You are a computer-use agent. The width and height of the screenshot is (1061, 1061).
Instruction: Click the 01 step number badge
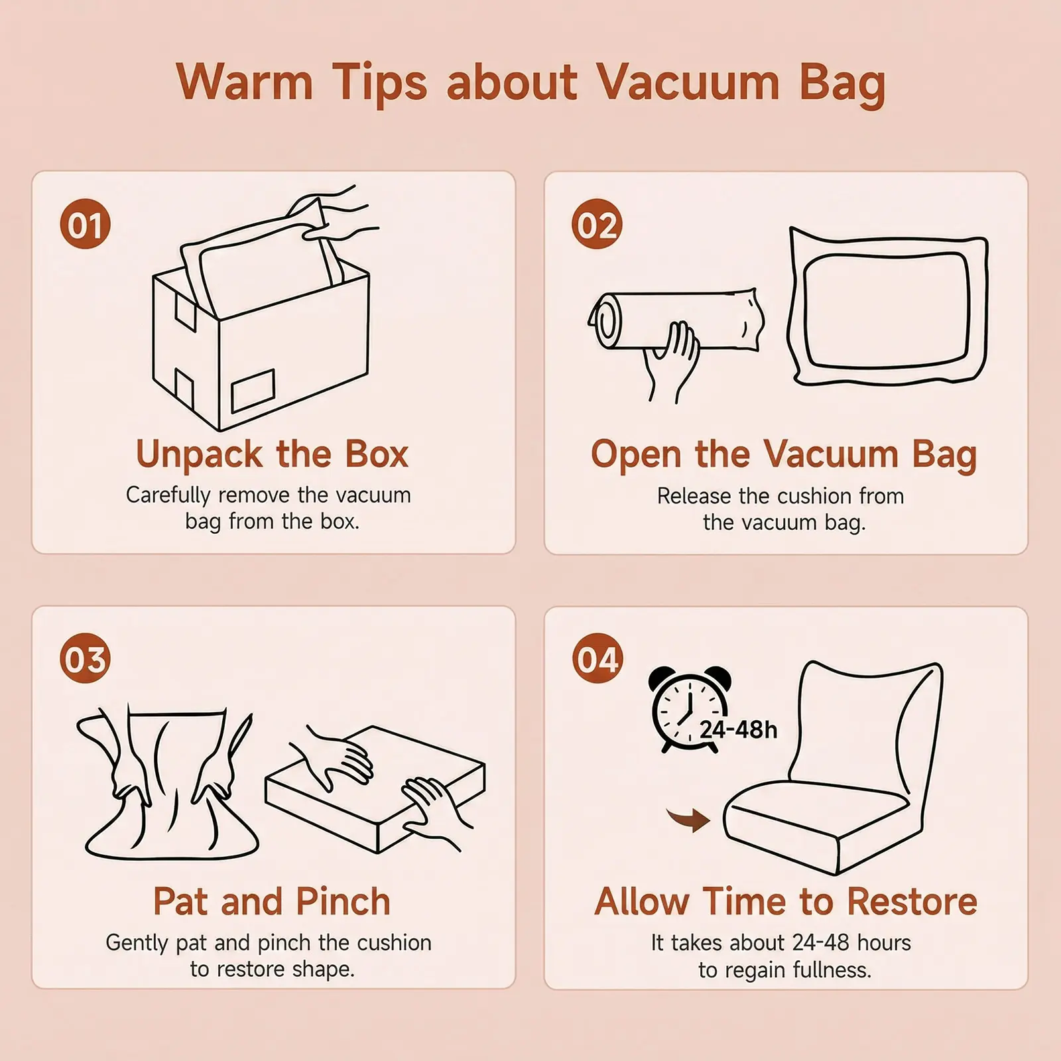click(85, 224)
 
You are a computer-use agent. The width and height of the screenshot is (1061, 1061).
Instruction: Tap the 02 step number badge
click(597, 224)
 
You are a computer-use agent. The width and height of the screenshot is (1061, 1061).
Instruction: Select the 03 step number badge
click(85, 659)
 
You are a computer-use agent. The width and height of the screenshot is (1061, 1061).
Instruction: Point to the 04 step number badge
click(597, 659)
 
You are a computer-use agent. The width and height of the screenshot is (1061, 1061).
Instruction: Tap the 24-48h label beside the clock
click(738, 730)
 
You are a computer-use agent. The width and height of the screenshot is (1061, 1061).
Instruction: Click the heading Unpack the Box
click(272, 454)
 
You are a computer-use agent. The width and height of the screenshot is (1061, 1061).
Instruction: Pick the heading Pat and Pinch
click(272, 902)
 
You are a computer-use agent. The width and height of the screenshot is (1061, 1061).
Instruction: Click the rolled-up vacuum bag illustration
click(676, 320)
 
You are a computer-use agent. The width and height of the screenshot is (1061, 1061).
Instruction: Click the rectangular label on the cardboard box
click(252, 391)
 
